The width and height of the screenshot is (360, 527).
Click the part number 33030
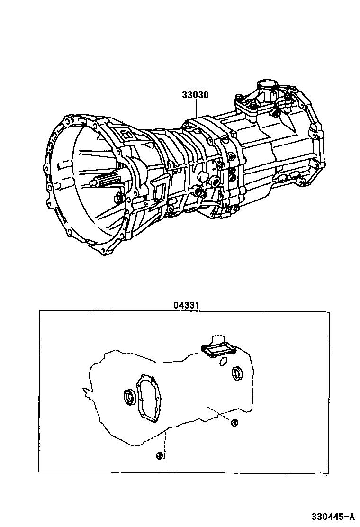195,95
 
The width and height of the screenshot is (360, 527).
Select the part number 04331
186,306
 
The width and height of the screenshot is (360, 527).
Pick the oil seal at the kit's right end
236,373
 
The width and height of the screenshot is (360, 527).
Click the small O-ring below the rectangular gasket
223,363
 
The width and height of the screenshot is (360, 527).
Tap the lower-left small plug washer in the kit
159,456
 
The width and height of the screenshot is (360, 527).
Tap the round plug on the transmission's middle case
203,177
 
